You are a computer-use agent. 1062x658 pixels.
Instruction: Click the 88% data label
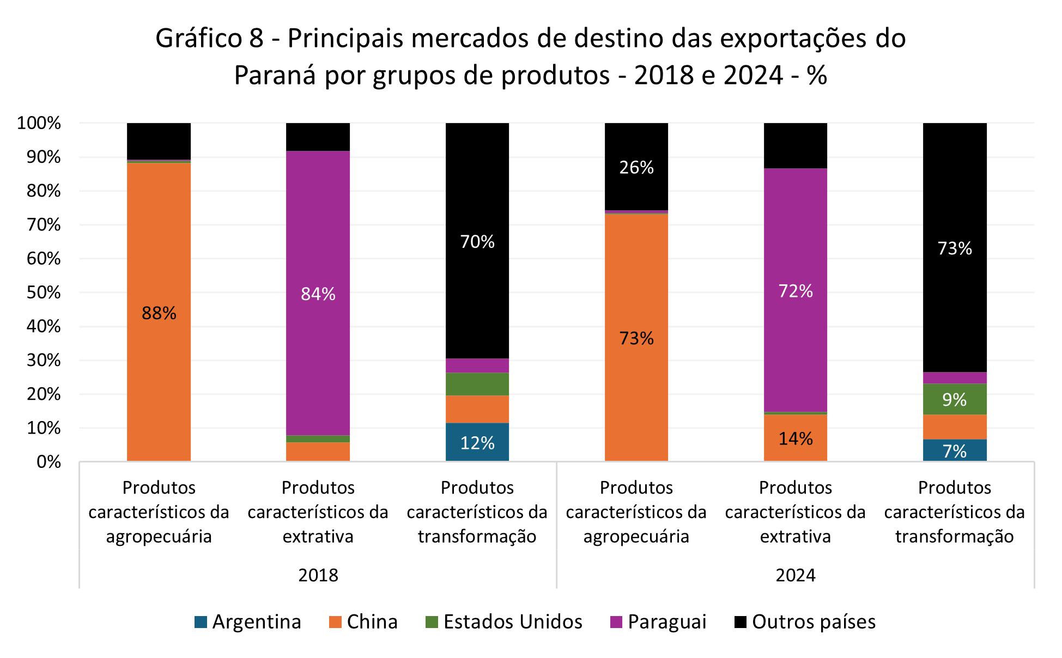click(x=159, y=313)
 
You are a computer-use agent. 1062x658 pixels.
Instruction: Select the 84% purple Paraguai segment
click(x=318, y=294)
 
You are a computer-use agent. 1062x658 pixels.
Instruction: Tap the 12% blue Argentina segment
click(x=477, y=443)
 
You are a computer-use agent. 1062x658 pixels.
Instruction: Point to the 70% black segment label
click(x=477, y=241)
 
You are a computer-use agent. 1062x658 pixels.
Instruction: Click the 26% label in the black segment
click(x=636, y=167)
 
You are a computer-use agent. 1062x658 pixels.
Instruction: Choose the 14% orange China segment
click(x=796, y=438)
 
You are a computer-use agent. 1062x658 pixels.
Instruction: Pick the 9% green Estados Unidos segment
click(x=955, y=399)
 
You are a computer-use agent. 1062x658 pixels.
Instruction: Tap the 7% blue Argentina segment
click(x=955, y=450)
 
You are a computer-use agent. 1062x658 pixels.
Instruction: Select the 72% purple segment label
click(x=796, y=291)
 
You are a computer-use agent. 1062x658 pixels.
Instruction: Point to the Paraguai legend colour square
click(x=616, y=622)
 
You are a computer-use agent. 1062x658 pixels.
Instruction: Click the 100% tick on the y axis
click(x=39, y=123)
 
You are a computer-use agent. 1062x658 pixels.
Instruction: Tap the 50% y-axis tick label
click(x=44, y=293)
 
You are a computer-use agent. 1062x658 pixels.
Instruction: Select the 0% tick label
click(x=48, y=462)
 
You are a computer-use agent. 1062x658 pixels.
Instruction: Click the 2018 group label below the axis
click(x=318, y=575)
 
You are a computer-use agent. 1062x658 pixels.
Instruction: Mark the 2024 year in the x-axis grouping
click(x=796, y=575)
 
